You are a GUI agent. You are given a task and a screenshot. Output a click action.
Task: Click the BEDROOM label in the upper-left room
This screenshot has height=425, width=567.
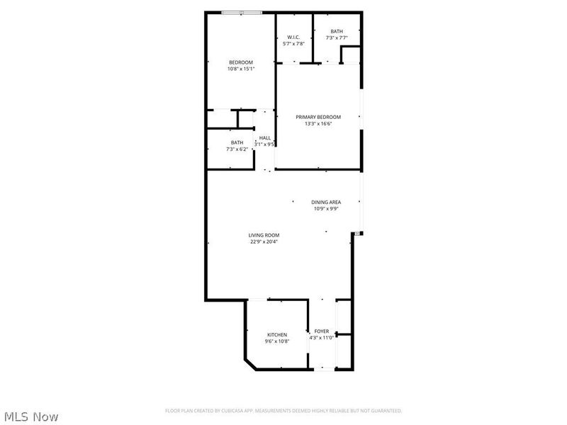coord(240,62)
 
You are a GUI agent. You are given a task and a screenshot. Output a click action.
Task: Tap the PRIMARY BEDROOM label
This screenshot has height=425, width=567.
coord(318,117)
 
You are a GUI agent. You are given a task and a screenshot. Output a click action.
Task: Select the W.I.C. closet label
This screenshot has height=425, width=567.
coord(293,38)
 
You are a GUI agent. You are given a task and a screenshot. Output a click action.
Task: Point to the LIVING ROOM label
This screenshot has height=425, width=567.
coord(264,235)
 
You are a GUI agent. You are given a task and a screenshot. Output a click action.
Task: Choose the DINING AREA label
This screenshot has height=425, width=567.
coord(326,203)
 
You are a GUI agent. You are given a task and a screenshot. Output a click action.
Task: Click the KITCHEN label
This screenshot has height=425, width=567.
coord(277,334)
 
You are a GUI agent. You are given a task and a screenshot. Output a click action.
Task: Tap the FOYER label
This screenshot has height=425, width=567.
coord(322,331)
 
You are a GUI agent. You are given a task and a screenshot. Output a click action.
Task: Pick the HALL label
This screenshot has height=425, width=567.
coord(265,137)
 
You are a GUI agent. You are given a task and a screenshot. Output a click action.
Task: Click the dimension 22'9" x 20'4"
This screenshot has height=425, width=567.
coord(264,242)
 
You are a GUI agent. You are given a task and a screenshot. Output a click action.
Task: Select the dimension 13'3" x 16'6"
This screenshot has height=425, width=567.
coord(318,123)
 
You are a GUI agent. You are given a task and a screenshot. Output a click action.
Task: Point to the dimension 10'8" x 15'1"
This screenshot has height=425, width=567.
coord(240,69)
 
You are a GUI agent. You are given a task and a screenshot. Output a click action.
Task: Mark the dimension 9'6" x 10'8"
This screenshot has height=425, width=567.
coord(277,341)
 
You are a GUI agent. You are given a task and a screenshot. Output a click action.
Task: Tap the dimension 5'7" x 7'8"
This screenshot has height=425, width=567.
coord(293,44)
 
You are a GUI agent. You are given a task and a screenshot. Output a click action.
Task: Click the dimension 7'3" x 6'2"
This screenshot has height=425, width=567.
coord(237,149)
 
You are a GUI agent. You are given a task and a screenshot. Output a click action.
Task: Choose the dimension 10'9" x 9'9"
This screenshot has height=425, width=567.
coord(326,209)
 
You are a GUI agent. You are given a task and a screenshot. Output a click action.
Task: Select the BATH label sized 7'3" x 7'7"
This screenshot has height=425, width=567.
coord(336,31)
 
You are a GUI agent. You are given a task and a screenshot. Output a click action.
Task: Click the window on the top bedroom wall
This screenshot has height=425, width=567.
coord(242,13)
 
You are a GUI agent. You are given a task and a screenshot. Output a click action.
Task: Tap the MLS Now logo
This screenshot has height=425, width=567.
coord(30,416)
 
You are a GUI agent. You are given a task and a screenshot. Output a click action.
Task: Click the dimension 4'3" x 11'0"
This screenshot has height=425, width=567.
coord(322,337)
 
